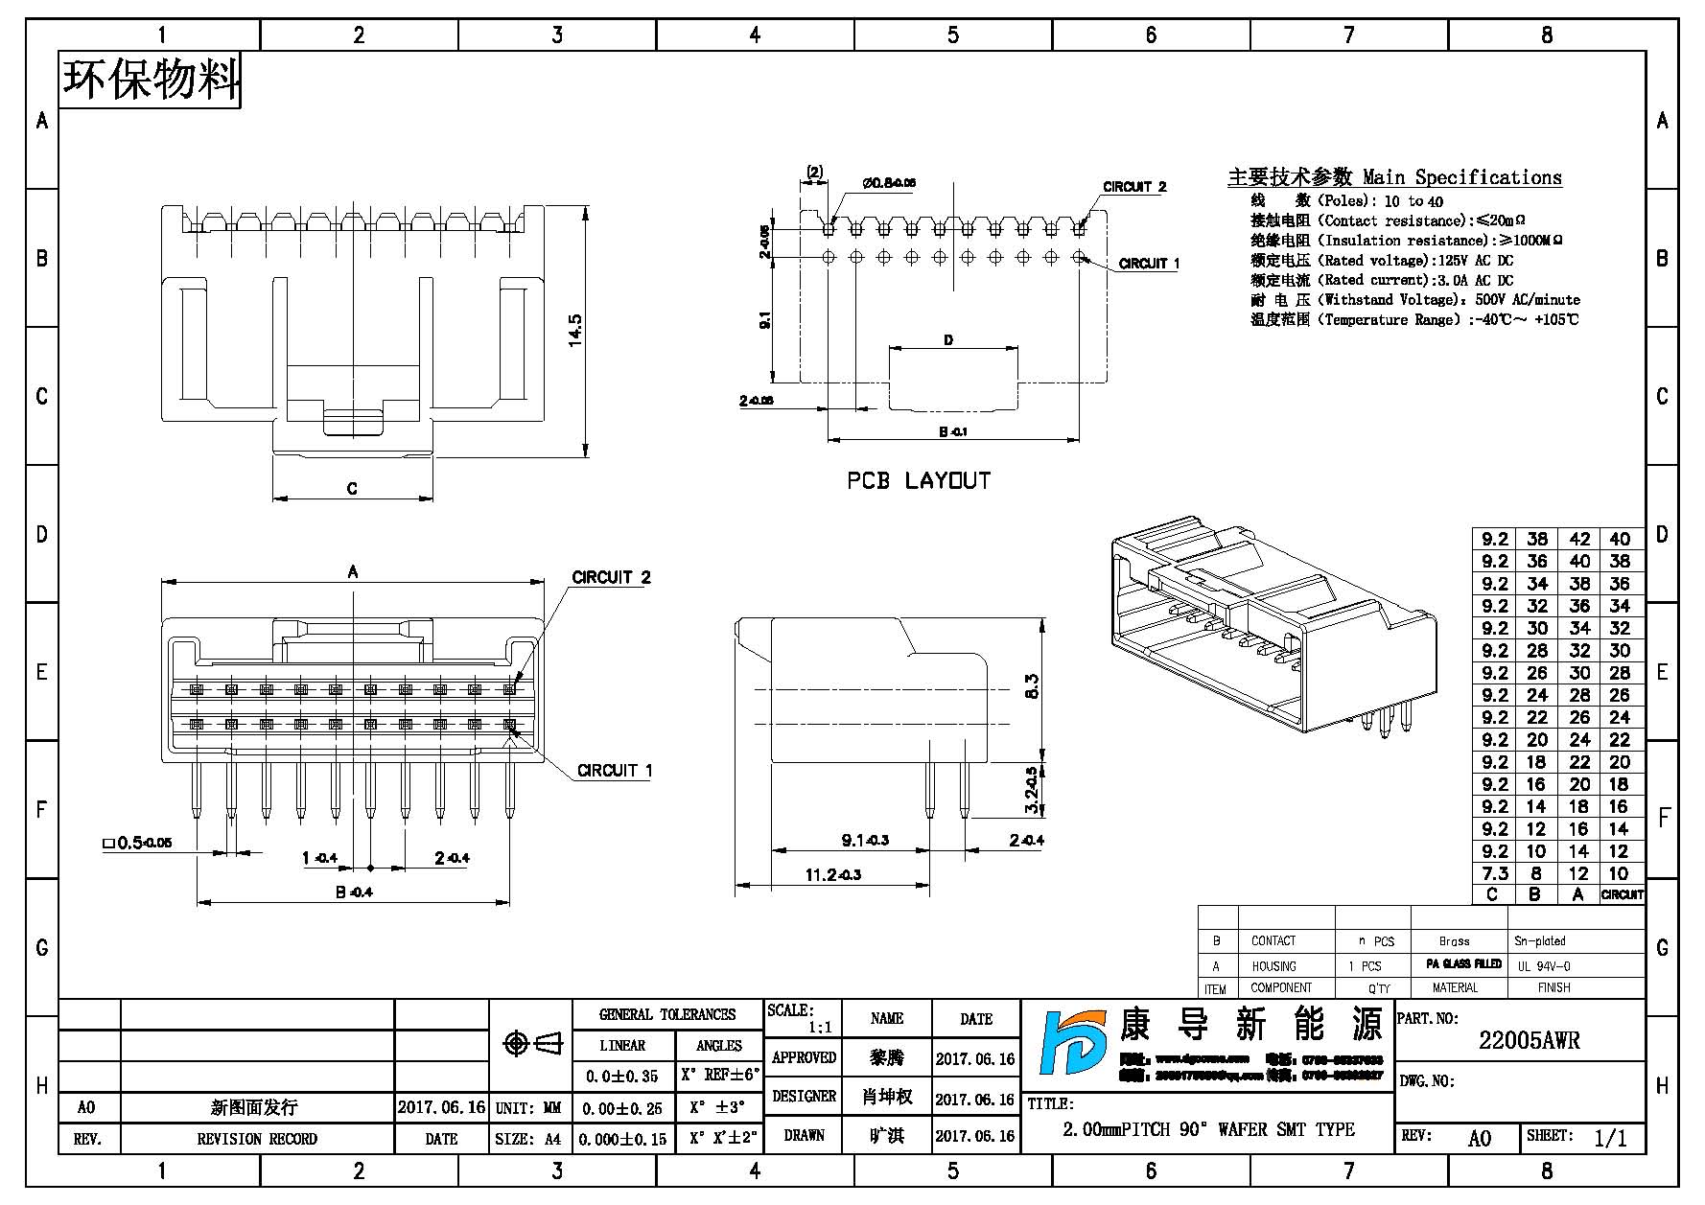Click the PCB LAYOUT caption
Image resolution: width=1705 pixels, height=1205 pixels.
[x=918, y=481]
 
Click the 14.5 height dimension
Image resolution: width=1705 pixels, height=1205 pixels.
[x=575, y=330]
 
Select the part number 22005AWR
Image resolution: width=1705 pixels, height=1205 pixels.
[x=1529, y=1041]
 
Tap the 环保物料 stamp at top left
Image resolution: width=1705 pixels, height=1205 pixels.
[x=151, y=80]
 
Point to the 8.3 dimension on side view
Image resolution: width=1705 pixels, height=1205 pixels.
[x=1032, y=686]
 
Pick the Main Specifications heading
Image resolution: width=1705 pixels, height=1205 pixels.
[x=1394, y=177]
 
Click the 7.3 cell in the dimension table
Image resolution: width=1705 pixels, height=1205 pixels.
[x=1494, y=873]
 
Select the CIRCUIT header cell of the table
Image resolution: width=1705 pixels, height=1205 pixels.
[x=1622, y=894]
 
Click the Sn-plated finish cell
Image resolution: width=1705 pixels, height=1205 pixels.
[x=1539, y=941]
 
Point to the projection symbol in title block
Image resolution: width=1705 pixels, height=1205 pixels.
[x=532, y=1044]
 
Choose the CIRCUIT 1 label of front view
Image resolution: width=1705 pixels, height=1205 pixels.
[x=615, y=771]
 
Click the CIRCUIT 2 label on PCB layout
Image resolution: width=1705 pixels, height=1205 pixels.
[x=1134, y=187]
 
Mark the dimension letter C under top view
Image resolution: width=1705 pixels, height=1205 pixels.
[x=352, y=489]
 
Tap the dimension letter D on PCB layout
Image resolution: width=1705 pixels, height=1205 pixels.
[x=948, y=340]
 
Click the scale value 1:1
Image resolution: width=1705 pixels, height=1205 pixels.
[x=820, y=1028]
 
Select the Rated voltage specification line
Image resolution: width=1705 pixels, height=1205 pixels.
[x=1381, y=261]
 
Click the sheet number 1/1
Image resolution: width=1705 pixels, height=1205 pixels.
[x=1610, y=1138]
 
